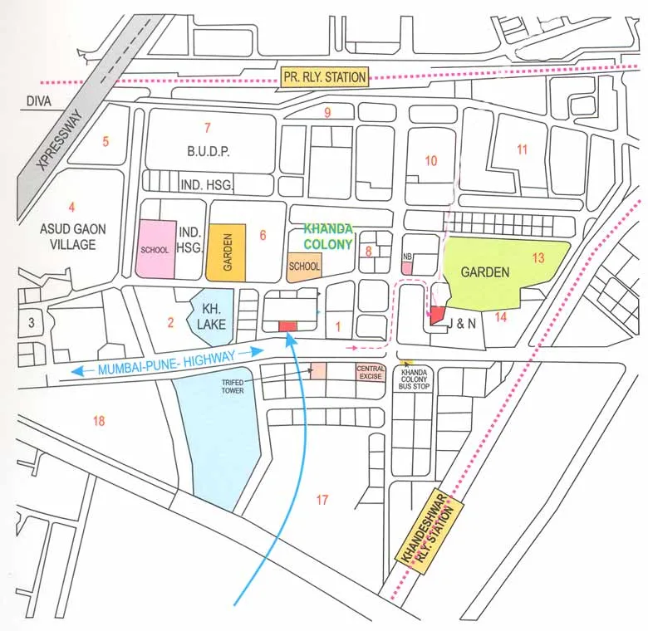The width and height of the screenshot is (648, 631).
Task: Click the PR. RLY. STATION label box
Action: [324, 77]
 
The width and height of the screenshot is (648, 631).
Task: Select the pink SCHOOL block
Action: [156, 249]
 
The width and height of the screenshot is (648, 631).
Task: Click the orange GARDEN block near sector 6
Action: [226, 252]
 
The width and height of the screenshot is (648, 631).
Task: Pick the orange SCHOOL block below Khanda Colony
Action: [305, 267]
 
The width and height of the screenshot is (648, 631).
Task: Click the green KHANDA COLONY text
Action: [328, 235]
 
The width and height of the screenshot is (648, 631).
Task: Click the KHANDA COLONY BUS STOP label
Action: [415, 380]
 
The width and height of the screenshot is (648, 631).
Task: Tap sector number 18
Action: [99, 421]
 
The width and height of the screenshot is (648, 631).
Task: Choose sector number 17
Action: [322, 499]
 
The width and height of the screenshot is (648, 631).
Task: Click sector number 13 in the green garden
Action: [538, 258]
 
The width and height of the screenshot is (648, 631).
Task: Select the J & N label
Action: [462, 324]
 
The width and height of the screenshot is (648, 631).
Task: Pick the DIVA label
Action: [38, 101]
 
